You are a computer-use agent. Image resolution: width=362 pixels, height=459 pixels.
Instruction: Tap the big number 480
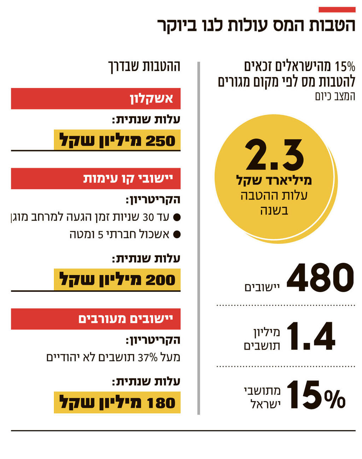[x=320, y=278]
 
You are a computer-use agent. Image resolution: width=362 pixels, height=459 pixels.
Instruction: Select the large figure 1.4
[x=310, y=336]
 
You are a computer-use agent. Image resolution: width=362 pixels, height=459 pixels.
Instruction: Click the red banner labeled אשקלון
[x=96, y=99]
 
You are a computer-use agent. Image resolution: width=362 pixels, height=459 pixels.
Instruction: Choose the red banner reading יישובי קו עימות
[x=96, y=179]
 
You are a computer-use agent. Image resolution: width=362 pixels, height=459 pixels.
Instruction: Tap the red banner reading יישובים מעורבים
[x=96, y=319]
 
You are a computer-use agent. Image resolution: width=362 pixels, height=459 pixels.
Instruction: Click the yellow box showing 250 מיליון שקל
[x=117, y=140]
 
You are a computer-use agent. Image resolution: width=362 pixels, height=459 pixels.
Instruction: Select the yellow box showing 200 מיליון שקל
[x=117, y=279]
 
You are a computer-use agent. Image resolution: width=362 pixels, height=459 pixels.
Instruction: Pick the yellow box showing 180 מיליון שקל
[x=117, y=402]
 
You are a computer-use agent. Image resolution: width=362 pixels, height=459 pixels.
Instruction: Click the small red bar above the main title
[x=337, y=10]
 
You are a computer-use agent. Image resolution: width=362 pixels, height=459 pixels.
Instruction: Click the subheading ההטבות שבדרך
[x=144, y=66]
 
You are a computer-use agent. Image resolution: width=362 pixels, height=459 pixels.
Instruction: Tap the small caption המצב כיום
[x=335, y=97]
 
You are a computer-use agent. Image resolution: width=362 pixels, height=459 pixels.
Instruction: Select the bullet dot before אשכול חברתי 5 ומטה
[x=177, y=234]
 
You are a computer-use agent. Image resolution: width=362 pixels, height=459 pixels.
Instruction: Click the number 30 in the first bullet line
[x=148, y=217]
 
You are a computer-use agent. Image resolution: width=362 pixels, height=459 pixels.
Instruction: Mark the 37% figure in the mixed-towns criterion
[x=147, y=358]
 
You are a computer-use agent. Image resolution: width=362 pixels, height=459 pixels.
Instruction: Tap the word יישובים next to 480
[x=262, y=287]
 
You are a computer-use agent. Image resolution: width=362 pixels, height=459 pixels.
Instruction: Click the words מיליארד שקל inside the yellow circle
[x=274, y=180]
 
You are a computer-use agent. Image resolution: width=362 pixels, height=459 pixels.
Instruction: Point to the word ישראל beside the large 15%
[x=265, y=404]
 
